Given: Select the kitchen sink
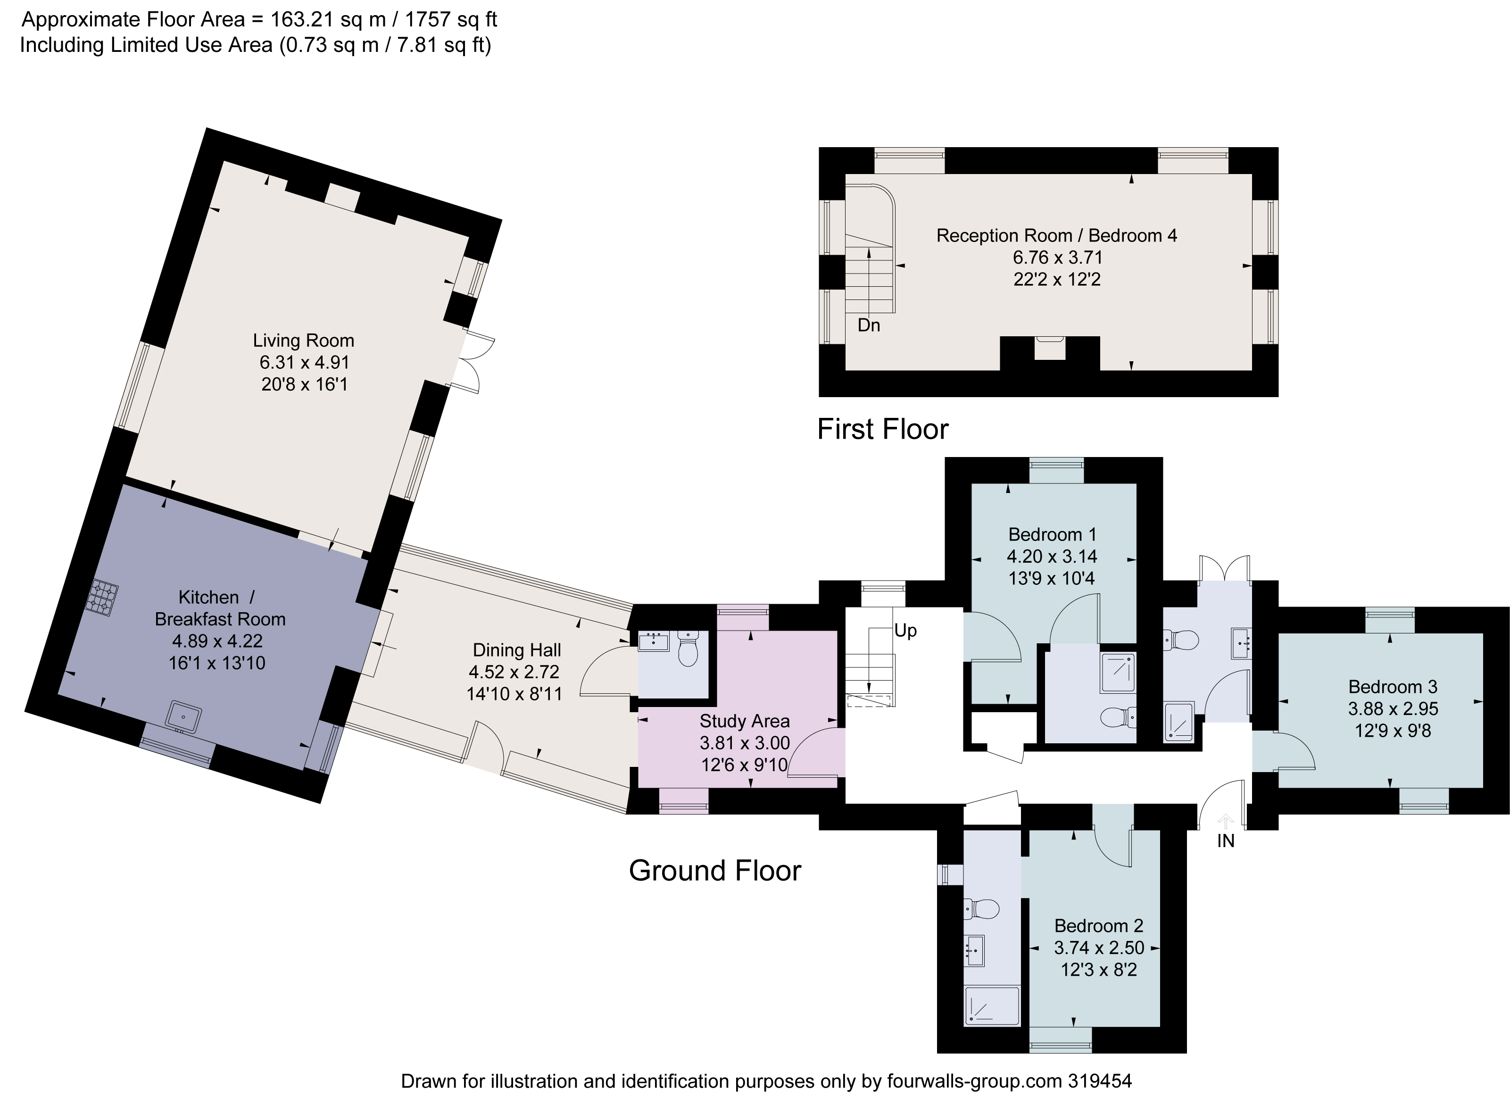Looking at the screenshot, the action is point(184,716).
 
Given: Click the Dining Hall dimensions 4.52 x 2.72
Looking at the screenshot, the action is point(514,672).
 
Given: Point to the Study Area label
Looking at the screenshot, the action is point(744,721).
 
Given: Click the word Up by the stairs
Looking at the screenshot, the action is point(905,630).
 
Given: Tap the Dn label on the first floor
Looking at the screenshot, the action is point(869,325).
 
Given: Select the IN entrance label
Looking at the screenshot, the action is point(1226,841).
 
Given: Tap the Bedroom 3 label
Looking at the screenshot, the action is point(1393,687).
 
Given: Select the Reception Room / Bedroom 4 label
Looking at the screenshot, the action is point(1057,236).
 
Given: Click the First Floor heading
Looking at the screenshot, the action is point(882,430).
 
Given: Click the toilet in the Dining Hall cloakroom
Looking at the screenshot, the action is point(688,649).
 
